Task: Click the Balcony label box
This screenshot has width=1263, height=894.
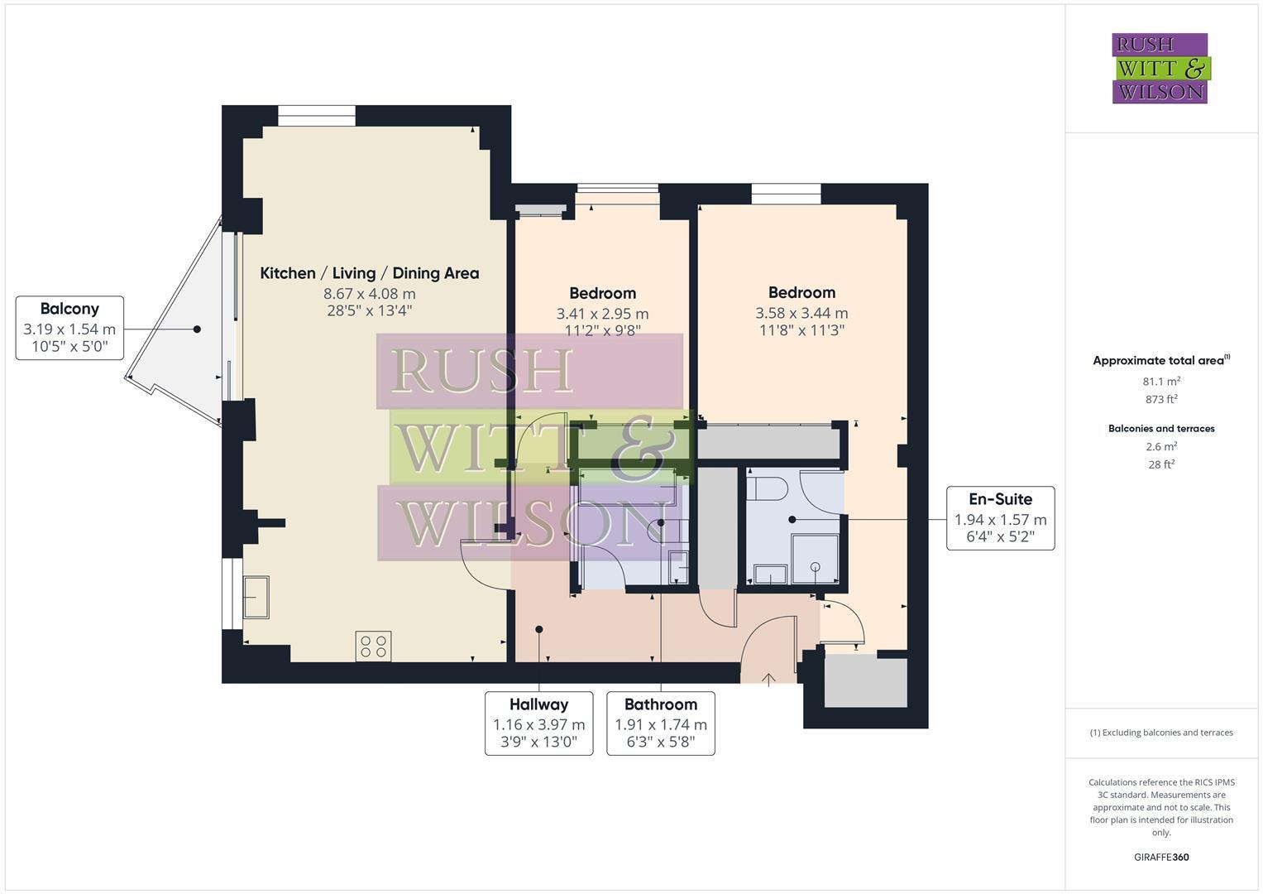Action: tap(69, 328)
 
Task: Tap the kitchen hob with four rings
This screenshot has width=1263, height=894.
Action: tap(373, 646)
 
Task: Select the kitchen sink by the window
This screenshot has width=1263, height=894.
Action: tap(256, 597)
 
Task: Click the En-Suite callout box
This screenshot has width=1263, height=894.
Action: tap(1000, 518)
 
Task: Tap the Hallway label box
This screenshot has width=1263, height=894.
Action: tap(538, 723)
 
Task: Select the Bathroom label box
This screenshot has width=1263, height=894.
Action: tap(660, 723)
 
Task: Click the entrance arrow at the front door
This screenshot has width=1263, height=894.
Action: tap(768, 680)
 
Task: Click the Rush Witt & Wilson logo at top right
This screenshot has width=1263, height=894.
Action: tap(1160, 68)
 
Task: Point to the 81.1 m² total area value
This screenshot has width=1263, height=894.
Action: tap(1161, 382)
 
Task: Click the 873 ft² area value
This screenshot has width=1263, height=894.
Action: tap(1161, 399)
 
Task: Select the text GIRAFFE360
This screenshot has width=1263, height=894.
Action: tap(1161, 857)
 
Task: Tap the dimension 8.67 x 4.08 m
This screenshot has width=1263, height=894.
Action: tap(369, 294)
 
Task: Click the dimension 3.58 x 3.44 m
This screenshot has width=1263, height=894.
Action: tap(801, 313)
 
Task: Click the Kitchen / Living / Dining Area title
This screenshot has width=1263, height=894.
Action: tap(369, 273)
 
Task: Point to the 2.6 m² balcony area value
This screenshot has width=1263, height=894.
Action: tap(1161, 446)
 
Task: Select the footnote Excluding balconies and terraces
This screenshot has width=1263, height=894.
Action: tap(1161, 733)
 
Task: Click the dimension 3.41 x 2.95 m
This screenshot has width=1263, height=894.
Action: tap(602, 314)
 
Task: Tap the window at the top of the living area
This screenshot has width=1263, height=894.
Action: tap(316, 115)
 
